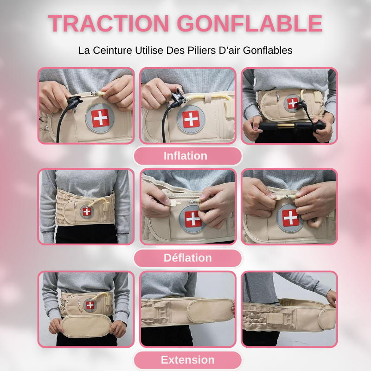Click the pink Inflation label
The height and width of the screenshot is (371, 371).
click(185, 156)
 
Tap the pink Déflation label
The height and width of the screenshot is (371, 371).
click(187, 258)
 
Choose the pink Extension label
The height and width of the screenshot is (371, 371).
click(187, 360)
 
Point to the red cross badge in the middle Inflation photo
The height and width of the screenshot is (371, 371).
click(191, 119)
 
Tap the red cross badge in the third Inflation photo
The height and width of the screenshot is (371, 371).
click(293, 103)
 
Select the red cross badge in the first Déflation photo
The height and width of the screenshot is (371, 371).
click(87, 211)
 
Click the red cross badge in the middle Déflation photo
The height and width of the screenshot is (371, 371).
click(193, 219)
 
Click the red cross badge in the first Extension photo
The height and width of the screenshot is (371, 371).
click(90, 305)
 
